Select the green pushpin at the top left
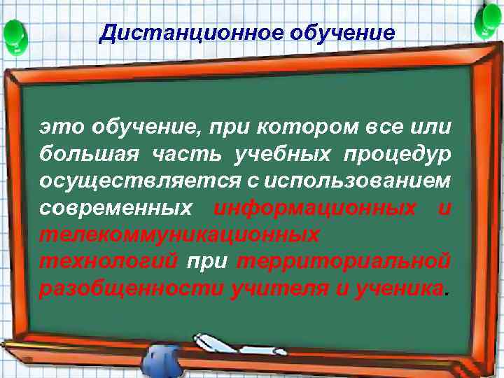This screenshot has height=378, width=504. point(15,32)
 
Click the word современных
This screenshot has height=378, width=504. point(116,208)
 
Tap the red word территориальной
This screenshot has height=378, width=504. point(344,261)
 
